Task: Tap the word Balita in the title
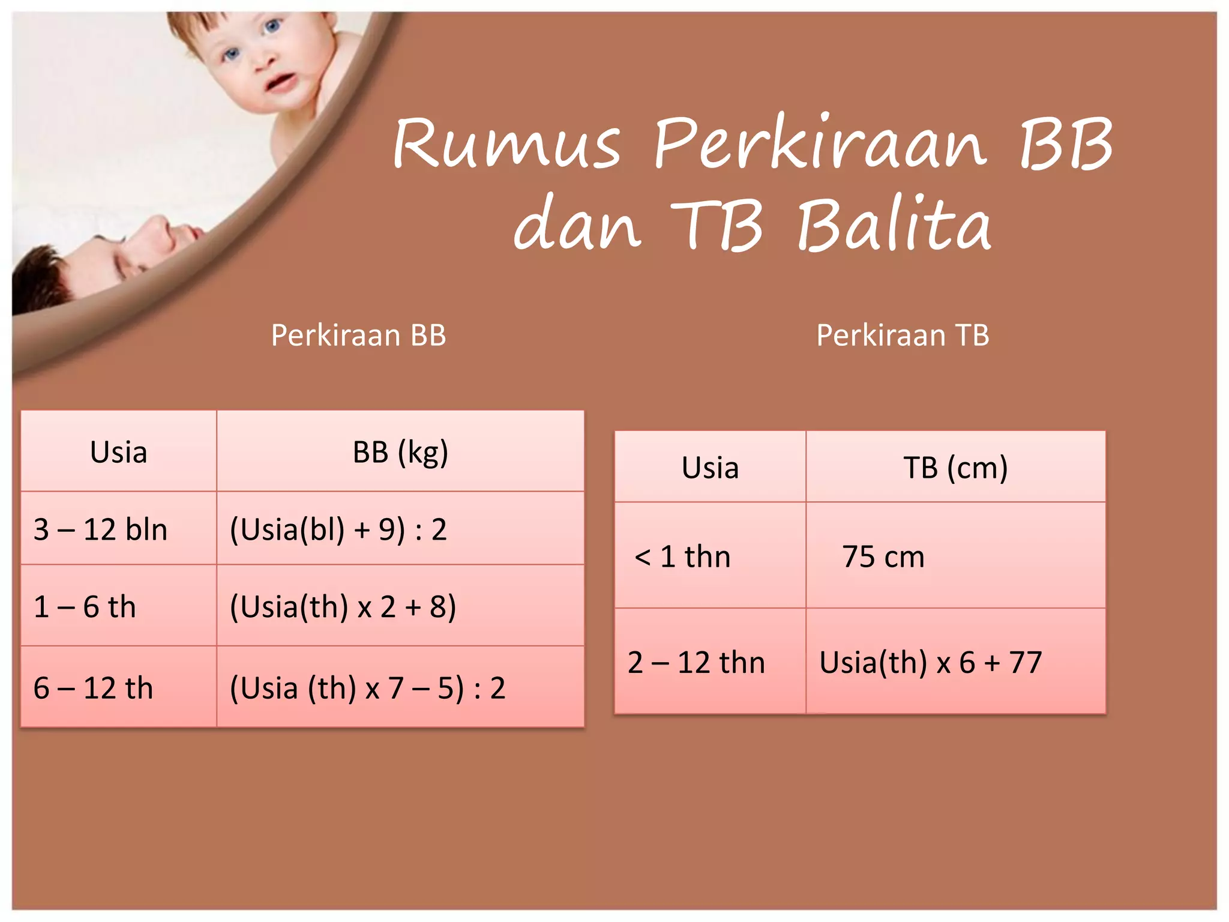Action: pyautogui.click(x=894, y=224)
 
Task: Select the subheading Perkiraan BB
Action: pyautogui.click(x=358, y=335)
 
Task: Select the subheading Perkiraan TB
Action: pyautogui.click(x=903, y=335)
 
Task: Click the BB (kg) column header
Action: pyautogui.click(x=400, y=452)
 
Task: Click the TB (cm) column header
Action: pyautogui.click(x=955, y=468)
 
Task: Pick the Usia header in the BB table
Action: pyautogui.click(x=118, y=452)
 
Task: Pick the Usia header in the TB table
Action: pyautogui.click(x=710, y=468)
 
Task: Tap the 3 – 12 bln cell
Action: pyautogui.click(x=100, y=529)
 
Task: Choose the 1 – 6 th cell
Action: pyautogui.click(x=85, y=606)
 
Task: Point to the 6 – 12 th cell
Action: pyautogui.click(x=93, y=688)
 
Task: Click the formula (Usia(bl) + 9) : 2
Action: pyautogui.click(x=338, y=529)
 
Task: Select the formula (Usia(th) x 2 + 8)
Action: pyautogui.click(x=343, y=606)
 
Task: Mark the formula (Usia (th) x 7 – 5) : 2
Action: pyautogui.click(x=367, y=688)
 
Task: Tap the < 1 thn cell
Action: pyautogui.click(x=682, y=556)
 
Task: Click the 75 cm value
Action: pyautogui.click(x=883, y=556)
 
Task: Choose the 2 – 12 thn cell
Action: pyautogui.click(x=696, y=663)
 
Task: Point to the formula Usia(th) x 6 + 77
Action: pyautogui.click(x=930, y=663)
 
